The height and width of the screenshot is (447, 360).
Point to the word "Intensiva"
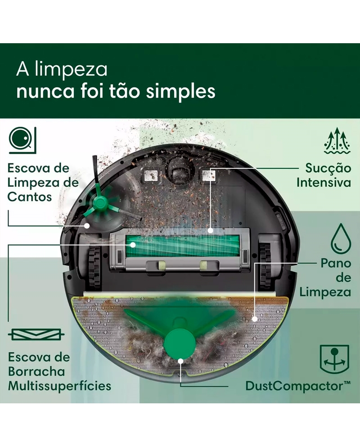pyautogui.click(x=324, y=183)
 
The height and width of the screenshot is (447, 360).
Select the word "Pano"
pyautogui.click(x=336, y=262)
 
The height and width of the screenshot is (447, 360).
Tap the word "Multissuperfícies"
pyautogui.click(x=59, y=386)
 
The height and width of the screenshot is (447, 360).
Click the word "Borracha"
pyautogui.click(x=36, y=371)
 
